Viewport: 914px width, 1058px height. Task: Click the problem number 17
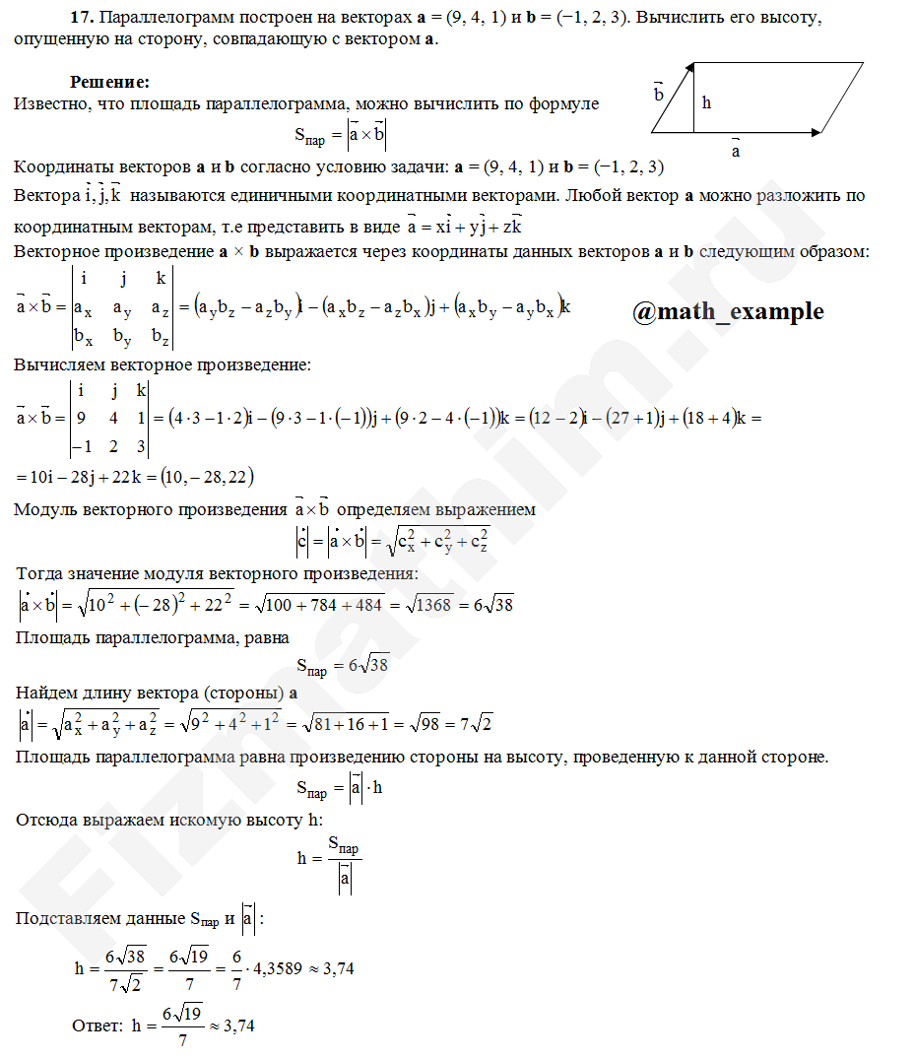[x=82, y=19]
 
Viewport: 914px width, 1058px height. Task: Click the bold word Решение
[x=109, y=82]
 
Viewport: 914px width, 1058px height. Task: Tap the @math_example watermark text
[x=728, y=311]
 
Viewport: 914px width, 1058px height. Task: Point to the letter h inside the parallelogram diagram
[x=706, y=101]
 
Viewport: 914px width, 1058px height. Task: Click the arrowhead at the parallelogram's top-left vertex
[x=692, y=67]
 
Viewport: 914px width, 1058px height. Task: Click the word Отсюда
[x=48, y=819]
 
